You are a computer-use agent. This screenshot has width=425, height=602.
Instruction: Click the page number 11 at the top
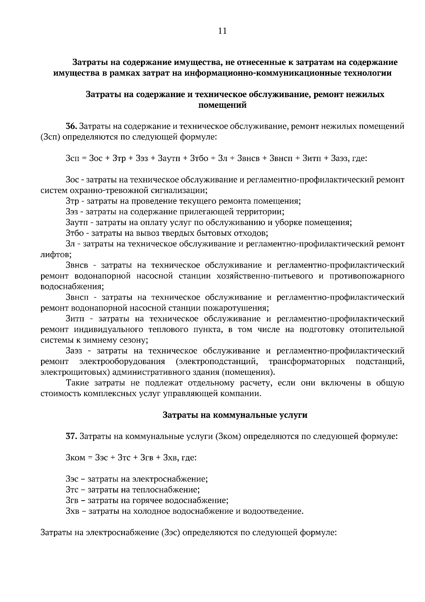click(222, 30)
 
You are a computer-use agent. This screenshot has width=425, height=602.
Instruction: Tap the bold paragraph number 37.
click(71, 436)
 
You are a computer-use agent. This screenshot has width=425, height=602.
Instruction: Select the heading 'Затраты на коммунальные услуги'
click(235, 415)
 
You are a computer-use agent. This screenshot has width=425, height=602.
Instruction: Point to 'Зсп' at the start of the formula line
click(73, 158)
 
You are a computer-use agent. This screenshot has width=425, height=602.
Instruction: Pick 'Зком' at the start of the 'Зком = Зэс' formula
click(75, 458)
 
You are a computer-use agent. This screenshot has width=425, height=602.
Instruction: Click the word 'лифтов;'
click(56, 255)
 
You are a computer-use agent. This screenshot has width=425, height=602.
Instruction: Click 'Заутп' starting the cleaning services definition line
click(76, 223)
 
